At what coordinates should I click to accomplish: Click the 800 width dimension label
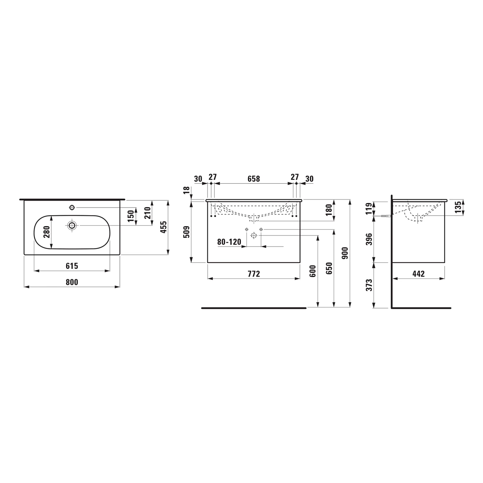click(x=72, y=282)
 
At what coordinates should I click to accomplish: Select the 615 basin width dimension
click(x=72, y=266)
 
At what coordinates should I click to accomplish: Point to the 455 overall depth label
click(x=164, y=227)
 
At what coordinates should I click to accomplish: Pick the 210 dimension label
click(x=147, y=213)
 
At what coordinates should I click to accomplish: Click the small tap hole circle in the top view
click(x=72, y=207)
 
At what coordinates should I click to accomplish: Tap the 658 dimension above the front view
click(x=254, y=179)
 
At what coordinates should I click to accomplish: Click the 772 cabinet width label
click(x=254, y=274)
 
